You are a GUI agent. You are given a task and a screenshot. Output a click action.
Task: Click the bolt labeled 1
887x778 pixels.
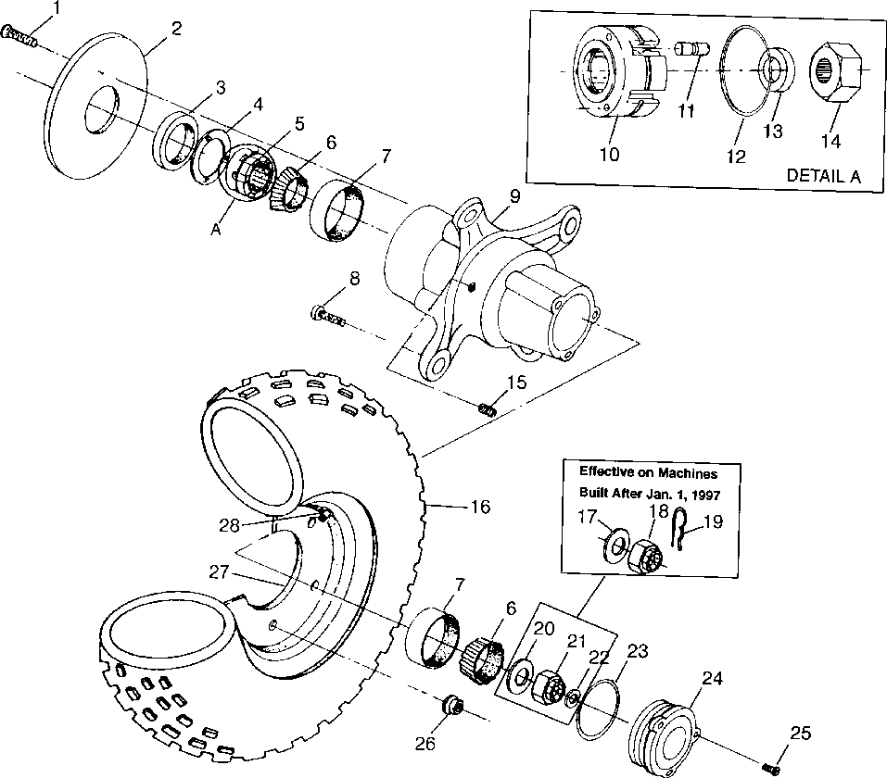pos(19,35)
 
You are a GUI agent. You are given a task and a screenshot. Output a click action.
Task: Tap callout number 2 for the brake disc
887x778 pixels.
pos(176,29)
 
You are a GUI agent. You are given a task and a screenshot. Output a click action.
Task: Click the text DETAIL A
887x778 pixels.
pos(824,176)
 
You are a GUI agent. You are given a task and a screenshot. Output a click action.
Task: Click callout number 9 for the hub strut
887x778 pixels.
pos(514,196)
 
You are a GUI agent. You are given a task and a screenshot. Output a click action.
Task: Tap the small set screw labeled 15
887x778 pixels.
pos(487,408)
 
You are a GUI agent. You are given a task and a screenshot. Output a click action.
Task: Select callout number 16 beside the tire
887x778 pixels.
pos(480,507)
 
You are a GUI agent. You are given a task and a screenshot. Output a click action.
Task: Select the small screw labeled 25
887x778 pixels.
pos(770,768)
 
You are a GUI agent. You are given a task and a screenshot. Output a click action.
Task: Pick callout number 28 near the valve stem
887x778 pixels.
pos(229,526)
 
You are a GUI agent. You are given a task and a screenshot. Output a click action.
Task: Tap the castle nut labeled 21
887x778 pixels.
pos(547,685)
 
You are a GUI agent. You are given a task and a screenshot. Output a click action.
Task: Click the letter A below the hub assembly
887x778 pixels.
pos(216,230)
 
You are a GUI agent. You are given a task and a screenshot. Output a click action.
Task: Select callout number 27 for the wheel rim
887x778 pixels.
pos(219,571)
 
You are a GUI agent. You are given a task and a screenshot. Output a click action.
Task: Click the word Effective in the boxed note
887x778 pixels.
pos(604,471)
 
